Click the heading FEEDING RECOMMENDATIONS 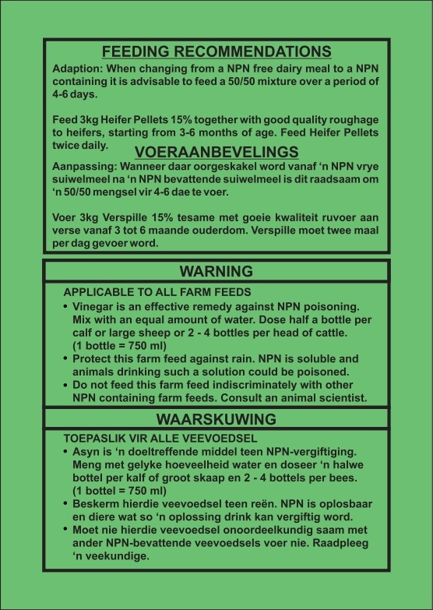coord(216,52)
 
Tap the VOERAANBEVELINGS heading coord(216,151)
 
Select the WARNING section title coord(216,271)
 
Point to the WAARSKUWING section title coord(216,418)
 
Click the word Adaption coord(76,68)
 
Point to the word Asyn coord(85,452)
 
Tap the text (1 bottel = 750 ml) coord(118,491)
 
